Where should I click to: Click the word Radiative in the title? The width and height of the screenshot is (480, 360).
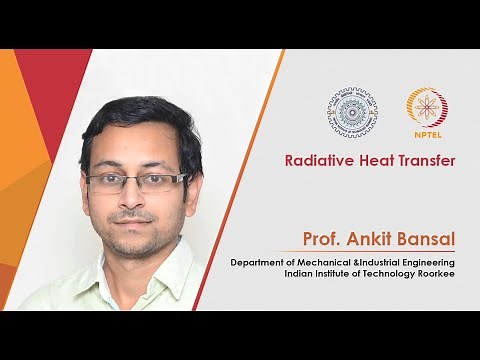tap(315, 159)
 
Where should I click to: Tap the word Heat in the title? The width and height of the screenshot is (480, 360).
tap(372, 159)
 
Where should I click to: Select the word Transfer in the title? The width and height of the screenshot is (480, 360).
tap(425, 159)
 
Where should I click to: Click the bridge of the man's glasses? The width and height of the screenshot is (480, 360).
tap(136, 181)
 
